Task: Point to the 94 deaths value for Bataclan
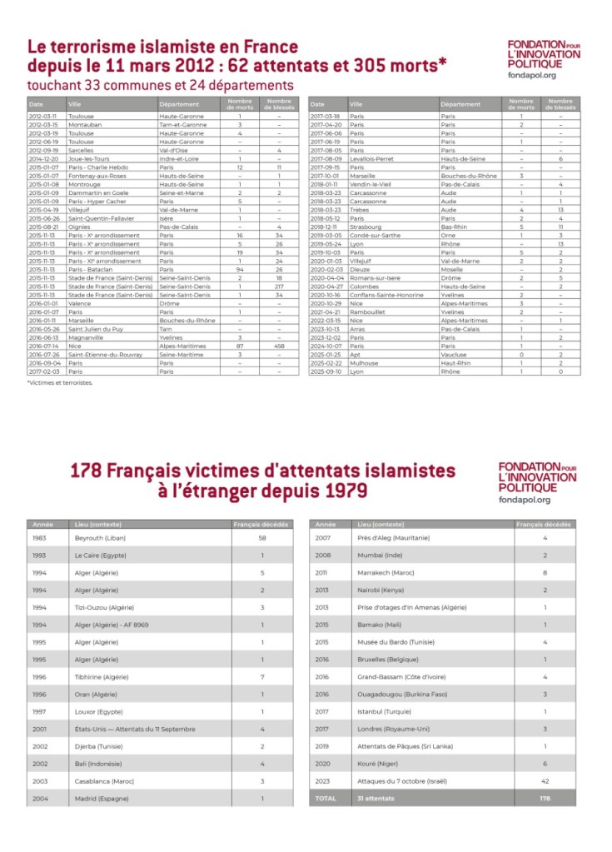tap(240, 270)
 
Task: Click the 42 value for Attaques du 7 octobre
tap(545, 781)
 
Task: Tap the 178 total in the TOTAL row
tap(545, 799)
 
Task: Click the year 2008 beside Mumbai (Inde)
tap(324, 555)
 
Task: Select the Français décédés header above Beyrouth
tap(261, 525)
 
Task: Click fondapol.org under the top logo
tap(531, 75)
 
